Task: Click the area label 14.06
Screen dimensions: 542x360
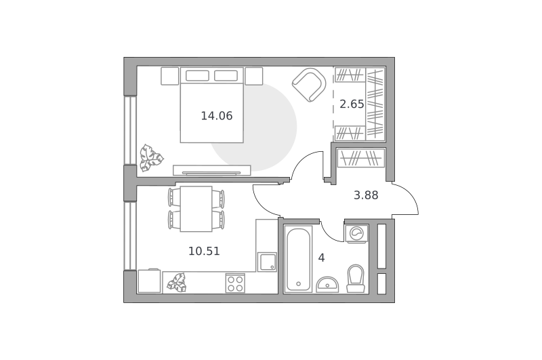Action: click(217, 116)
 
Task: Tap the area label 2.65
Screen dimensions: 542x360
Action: click(352, 104)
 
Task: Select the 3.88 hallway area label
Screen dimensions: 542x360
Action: click(366, 195)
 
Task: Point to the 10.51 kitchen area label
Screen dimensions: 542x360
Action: click(204, 251)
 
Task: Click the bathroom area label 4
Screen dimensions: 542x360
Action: click(321, 258)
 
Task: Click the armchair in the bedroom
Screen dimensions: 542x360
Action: click(309, 85)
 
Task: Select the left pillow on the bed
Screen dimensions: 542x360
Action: click(197, 75)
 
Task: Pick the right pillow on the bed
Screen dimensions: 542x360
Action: click(226, 75)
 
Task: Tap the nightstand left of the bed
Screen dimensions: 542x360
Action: click(170, 76)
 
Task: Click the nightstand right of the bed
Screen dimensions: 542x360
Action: click(253, 76)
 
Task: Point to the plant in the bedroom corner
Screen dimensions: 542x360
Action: click(150, 158)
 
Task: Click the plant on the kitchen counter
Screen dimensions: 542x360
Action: click(177, 283)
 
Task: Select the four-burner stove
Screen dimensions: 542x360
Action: click(235, 283)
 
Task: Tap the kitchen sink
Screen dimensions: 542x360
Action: click(267, 262)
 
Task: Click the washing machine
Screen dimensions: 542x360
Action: click(356, 233)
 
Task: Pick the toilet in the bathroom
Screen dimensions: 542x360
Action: click(356, 279)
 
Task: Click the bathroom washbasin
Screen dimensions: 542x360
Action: click(327, 285)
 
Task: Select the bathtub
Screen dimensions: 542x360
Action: click(298, 260)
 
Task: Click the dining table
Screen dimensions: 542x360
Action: click(196, 209)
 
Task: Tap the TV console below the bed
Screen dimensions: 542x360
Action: click(212, 170)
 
